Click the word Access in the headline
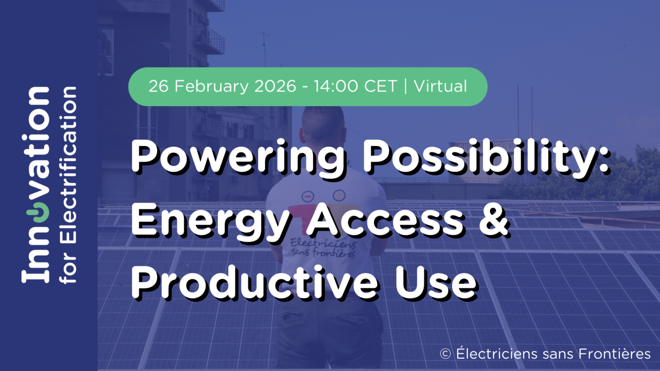pyautogui.click(x=385, y=221)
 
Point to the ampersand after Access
pyautogui.click(x=494, y=221)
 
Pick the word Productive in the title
pyautogui.click(x=254, y=282)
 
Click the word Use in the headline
pyautogui.click(x=436, y=283)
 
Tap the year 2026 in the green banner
pyautogui.click(x=275, y=86)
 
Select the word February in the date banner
pyautogui.click(x=211, y=87)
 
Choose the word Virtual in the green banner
pyautogui.click(x=440, y=86)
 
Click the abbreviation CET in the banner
pyautogui.click(x=380, y=86)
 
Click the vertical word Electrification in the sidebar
pyautogui.click(x=68, y=165)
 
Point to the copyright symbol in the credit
pyautogui.click(x=445, y=354)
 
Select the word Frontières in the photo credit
pyautogui.click(x=614, y=354)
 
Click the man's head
pyautogui.click(x=323, y=124)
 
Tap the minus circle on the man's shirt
pyautogui.click(x=308, y=196)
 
